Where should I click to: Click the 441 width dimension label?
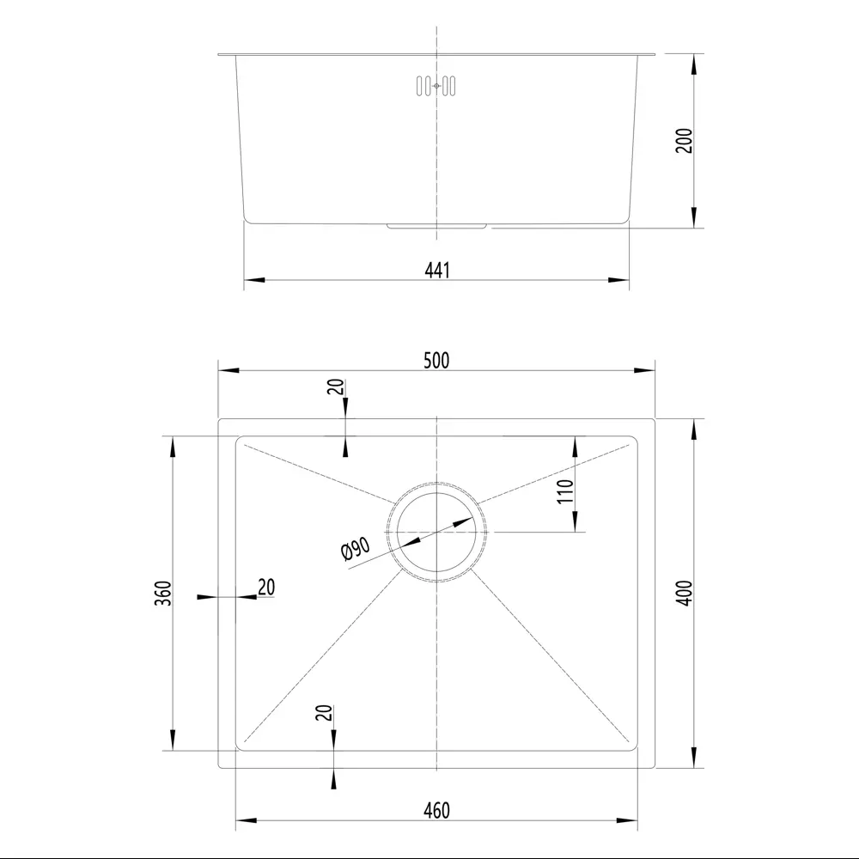436,270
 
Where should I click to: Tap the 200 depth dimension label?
684,140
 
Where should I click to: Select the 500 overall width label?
436,360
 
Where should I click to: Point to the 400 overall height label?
684,594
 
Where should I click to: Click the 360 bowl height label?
165,594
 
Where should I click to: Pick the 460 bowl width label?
436,810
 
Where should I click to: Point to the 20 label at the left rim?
266,587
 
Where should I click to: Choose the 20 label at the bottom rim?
324,713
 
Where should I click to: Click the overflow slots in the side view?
436,85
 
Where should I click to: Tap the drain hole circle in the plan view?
436,533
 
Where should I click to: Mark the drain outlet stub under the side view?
438,225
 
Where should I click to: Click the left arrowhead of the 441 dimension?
254,280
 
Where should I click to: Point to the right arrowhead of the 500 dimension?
644,370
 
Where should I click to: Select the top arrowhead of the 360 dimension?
174,446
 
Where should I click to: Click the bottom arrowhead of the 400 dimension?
693,756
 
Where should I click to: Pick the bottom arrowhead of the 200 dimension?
693,218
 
